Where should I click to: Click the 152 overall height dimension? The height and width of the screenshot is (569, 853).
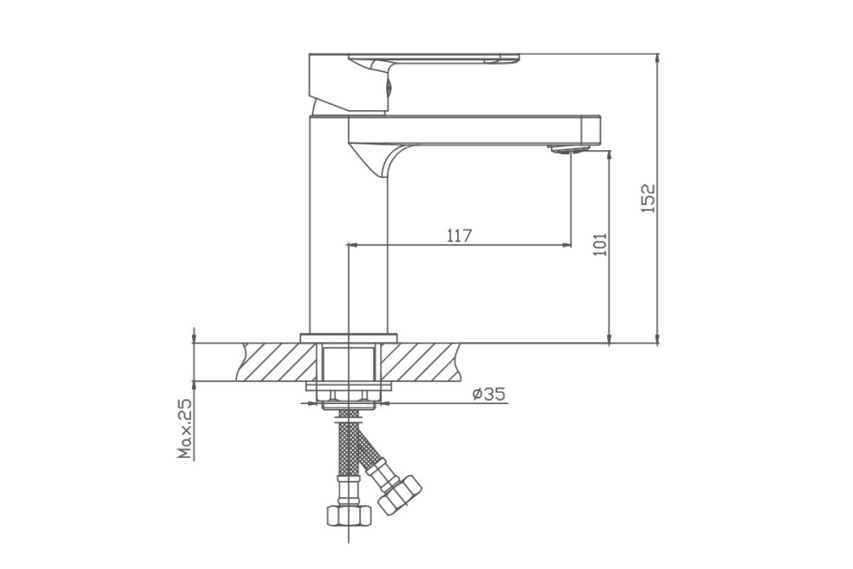648,198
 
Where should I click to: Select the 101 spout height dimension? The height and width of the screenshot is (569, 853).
600,244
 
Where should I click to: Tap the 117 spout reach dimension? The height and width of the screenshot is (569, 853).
459,236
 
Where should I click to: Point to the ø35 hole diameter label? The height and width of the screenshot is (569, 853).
489,394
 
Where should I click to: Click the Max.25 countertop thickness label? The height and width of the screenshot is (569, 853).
185,429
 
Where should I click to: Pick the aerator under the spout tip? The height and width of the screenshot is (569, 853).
569,149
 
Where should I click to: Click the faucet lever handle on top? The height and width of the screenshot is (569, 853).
414,83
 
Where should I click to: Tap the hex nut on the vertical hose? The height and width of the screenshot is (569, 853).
349,516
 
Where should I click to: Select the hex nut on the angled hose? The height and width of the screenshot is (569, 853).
399,495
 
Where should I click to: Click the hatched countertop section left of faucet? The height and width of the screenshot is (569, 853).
277,362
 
